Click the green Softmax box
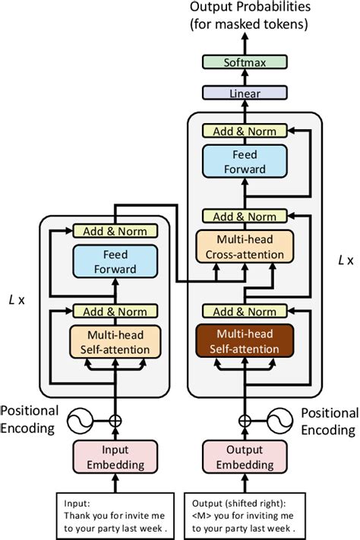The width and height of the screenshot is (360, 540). [x=245, y=64]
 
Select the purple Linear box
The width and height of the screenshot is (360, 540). [x=245, y=93]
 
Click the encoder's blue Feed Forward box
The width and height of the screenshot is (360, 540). [x=115, y=261]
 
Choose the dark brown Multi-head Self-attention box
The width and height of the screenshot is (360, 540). [x=245, y=341]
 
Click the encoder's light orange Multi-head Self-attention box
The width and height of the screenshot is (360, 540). [x=115, y=341]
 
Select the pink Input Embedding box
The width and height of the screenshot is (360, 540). [x=115, y=456]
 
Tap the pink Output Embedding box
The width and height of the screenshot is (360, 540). [x=245, y=456]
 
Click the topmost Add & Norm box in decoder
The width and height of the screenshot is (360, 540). [x=245, y=131]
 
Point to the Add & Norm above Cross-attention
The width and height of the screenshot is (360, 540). [x=245, y=216]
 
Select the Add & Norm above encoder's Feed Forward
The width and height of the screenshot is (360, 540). [x=115, y=231]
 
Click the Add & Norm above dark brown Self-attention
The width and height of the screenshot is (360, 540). [x=245, y=311]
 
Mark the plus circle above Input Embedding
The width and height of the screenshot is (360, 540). [x=115, y=419]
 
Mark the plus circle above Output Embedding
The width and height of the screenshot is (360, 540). [x=245, y=419]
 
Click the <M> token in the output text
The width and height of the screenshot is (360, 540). [x=201, y=514]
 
